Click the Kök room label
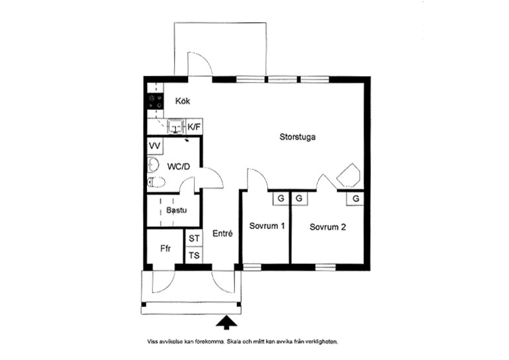coord(183,101)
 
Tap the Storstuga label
coord(297,137)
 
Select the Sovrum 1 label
coord(267,226)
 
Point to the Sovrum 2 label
coord(328,227)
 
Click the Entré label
coord(222,234)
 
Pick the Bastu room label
coord(177,210)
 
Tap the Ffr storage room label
coord(165,249)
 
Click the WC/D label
coord(179,167)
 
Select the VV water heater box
coord(155,146)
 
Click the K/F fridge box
coord(194,127)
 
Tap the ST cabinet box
coord(194,238)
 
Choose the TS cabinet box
coord(194,255)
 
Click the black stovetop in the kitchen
coord(155,101)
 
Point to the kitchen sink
coord(176,126)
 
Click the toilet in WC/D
coord(156,182)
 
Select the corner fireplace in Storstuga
coord(349,175)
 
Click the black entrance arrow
coord(226,323)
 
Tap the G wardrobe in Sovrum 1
coord(281,199)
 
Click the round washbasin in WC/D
coord(153,165)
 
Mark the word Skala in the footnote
coord(234,341)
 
